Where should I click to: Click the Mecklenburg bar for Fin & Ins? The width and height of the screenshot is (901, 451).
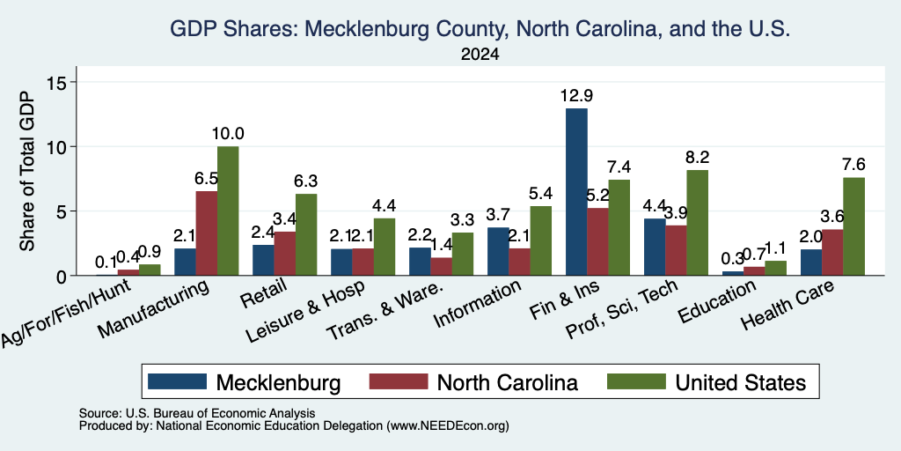(x=576, y=191)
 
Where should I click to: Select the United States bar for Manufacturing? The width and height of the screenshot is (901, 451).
(x=228, y=211)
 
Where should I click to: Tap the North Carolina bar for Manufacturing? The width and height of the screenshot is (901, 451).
(x=206, y=233)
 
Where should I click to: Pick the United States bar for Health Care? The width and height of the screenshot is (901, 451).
(x=853, y=226)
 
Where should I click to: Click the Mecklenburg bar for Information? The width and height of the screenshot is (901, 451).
(x=498, y=251)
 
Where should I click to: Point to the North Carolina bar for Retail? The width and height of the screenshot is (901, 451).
(x=284, y=253)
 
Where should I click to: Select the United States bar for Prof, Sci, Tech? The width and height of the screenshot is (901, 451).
(x=698, y=223)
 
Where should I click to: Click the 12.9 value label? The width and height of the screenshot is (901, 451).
(x=577, y=95)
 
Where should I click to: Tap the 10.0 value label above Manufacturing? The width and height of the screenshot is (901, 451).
(x=228, y=134)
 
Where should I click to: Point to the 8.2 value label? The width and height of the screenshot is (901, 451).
(x=698, y=157)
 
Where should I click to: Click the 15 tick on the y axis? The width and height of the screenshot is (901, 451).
(x=60, y=82)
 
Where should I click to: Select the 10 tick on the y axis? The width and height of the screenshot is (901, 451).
(x=60, y=147)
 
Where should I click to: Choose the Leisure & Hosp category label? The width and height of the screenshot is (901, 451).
(x=304, y=313)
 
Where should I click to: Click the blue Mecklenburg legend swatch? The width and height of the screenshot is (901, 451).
(x=177, y=381)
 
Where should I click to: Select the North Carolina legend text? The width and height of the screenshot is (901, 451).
(x=508, y=382)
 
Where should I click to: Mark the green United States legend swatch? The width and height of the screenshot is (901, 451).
(x=636, y=381)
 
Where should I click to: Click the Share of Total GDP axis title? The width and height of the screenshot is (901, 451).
(x=27, y=171)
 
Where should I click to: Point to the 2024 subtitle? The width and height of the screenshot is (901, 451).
(x=480, y=55)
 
